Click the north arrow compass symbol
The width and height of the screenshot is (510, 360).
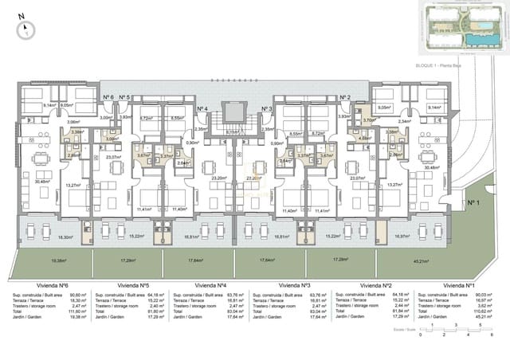coord(26,27)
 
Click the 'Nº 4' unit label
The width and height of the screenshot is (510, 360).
coord(202,108)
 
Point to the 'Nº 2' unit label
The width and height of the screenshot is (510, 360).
coord(346,98)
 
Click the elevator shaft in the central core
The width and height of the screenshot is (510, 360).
coord(233,115)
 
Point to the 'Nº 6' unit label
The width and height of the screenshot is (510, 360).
coord(108,98)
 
